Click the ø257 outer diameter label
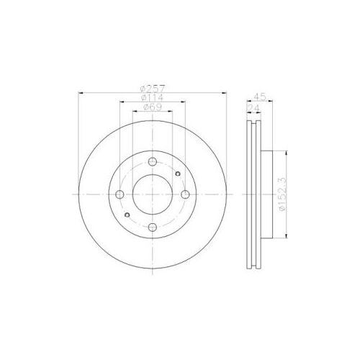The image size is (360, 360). coord(153,89)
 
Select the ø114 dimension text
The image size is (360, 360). coord(153,98)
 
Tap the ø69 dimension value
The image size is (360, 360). coord(153,107)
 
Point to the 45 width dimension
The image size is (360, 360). coord(260,97)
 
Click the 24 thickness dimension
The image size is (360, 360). coord(253,108)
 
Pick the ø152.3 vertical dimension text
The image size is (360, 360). coord(282,194)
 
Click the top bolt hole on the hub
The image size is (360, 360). coord(153,162)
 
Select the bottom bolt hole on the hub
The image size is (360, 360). coord(153,227)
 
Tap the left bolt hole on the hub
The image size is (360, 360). coord(120,194)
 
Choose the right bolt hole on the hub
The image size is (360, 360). coord(185,194)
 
